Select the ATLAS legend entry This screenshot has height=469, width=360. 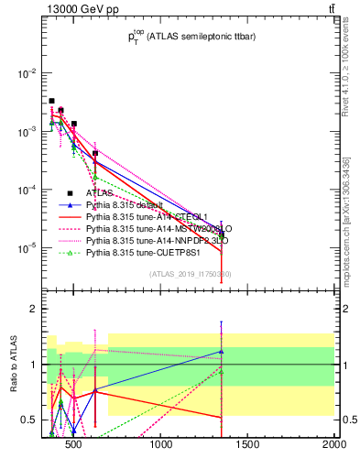point(99,193)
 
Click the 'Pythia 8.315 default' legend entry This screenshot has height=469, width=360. point(125,205)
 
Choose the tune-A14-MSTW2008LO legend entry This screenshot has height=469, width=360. point(150,228)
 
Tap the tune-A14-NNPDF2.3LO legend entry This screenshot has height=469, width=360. point(150,240)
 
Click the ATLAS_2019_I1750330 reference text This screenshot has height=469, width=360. point(190,274)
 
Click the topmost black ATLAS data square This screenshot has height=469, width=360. point(51,101)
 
